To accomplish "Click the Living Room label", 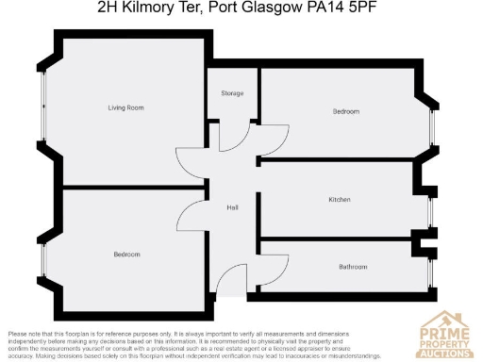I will point(125,108).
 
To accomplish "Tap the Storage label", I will point(232,93).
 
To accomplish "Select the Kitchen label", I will point(340,200).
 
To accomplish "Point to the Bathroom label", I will point(353,267).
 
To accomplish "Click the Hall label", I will point(231,208).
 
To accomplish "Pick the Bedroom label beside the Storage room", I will point(346,111).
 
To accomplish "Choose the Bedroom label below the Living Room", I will point(126,255).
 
